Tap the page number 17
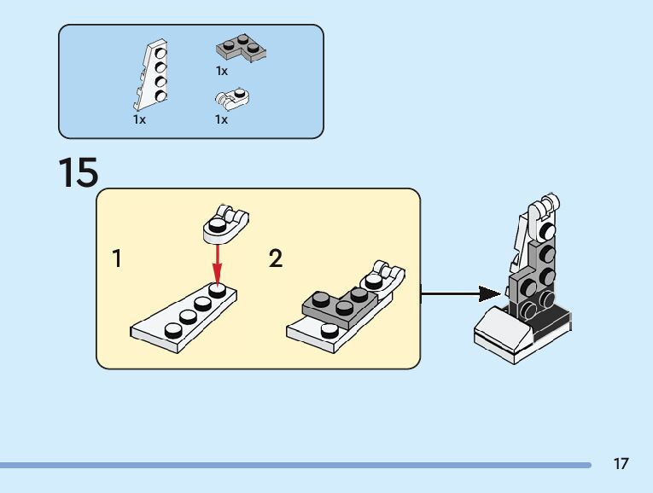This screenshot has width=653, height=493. point(621,464)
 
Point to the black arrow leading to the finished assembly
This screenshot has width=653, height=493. point(461,294)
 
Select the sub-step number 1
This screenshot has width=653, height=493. point(117,258)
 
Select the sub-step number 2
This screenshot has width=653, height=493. point(275,258)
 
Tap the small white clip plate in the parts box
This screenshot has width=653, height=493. point(232,100)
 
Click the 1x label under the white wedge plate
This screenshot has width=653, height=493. point(139,120)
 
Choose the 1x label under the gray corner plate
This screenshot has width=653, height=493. point(221,71)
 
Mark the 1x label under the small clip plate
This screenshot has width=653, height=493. point(221,120)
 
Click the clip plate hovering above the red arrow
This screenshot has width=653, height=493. point(224,221)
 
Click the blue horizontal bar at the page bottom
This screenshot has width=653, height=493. point(294,465)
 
